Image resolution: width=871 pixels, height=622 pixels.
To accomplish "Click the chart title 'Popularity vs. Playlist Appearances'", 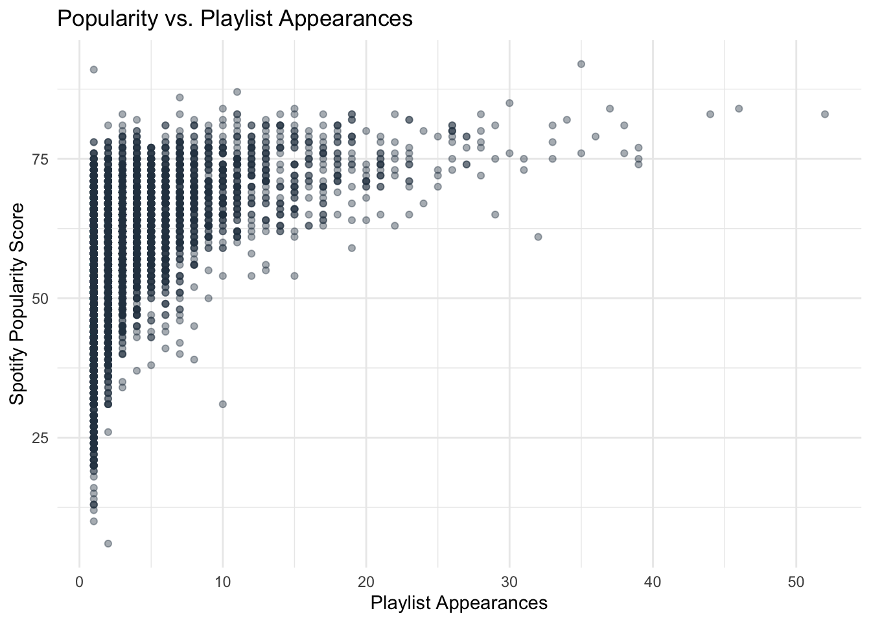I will (x=235, y=18).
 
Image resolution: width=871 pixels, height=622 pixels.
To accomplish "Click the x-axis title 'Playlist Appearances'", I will (x=459, y=603).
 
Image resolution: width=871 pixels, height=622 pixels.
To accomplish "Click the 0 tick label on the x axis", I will (x=79, y=582).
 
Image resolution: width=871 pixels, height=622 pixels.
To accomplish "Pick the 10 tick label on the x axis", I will (x=222, y=582).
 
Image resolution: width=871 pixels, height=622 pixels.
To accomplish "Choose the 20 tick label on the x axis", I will (x=366, y=582).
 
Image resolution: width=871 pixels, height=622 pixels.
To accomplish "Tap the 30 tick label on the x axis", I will (x=509, y=582).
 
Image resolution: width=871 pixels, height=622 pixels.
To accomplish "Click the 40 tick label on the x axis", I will (x=653, y=582).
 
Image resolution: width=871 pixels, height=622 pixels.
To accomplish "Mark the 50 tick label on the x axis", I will (x=796, y=582).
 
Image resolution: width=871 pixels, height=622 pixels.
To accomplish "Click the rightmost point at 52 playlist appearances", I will (x=825, y=114).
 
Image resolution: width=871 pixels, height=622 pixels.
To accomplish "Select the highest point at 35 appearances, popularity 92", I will (x=581, y=63).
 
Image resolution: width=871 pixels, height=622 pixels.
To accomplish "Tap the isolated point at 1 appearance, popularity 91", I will (x=93, y=69).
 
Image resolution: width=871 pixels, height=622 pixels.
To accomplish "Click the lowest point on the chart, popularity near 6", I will (x=108, y=543).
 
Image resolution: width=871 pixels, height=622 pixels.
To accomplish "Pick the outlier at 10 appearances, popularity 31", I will (x=222, y=404).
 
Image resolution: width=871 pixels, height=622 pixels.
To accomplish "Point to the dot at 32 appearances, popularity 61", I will (x=538, y=236).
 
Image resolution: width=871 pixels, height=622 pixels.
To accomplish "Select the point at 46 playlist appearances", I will (x=739, y=108).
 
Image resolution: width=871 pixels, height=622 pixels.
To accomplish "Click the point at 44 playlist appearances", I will (x=710, y=114).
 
